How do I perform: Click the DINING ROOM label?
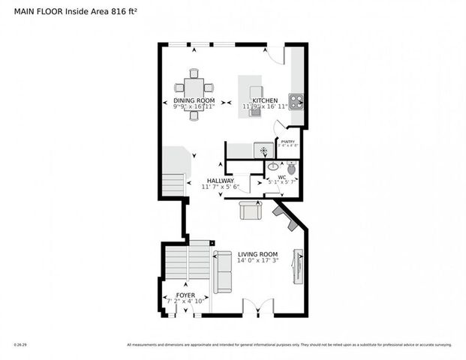(194, 100)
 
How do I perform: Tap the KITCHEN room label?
(265, 100)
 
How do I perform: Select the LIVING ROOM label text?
(257, 255)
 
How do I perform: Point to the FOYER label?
(185, 295)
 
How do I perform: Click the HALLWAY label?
(221, 181)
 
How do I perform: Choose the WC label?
(282, 177)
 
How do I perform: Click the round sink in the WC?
(273, 166)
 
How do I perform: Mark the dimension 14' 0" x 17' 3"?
(257, 262)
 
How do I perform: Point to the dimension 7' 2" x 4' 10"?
(185, 302)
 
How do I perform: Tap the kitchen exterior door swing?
(276, 53)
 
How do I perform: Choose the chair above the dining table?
(194, 73)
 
